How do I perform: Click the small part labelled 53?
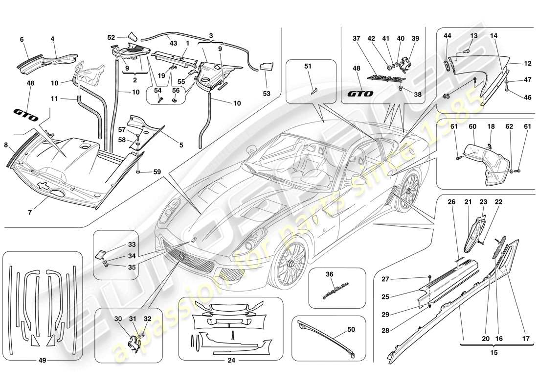click(x=266, y=69)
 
